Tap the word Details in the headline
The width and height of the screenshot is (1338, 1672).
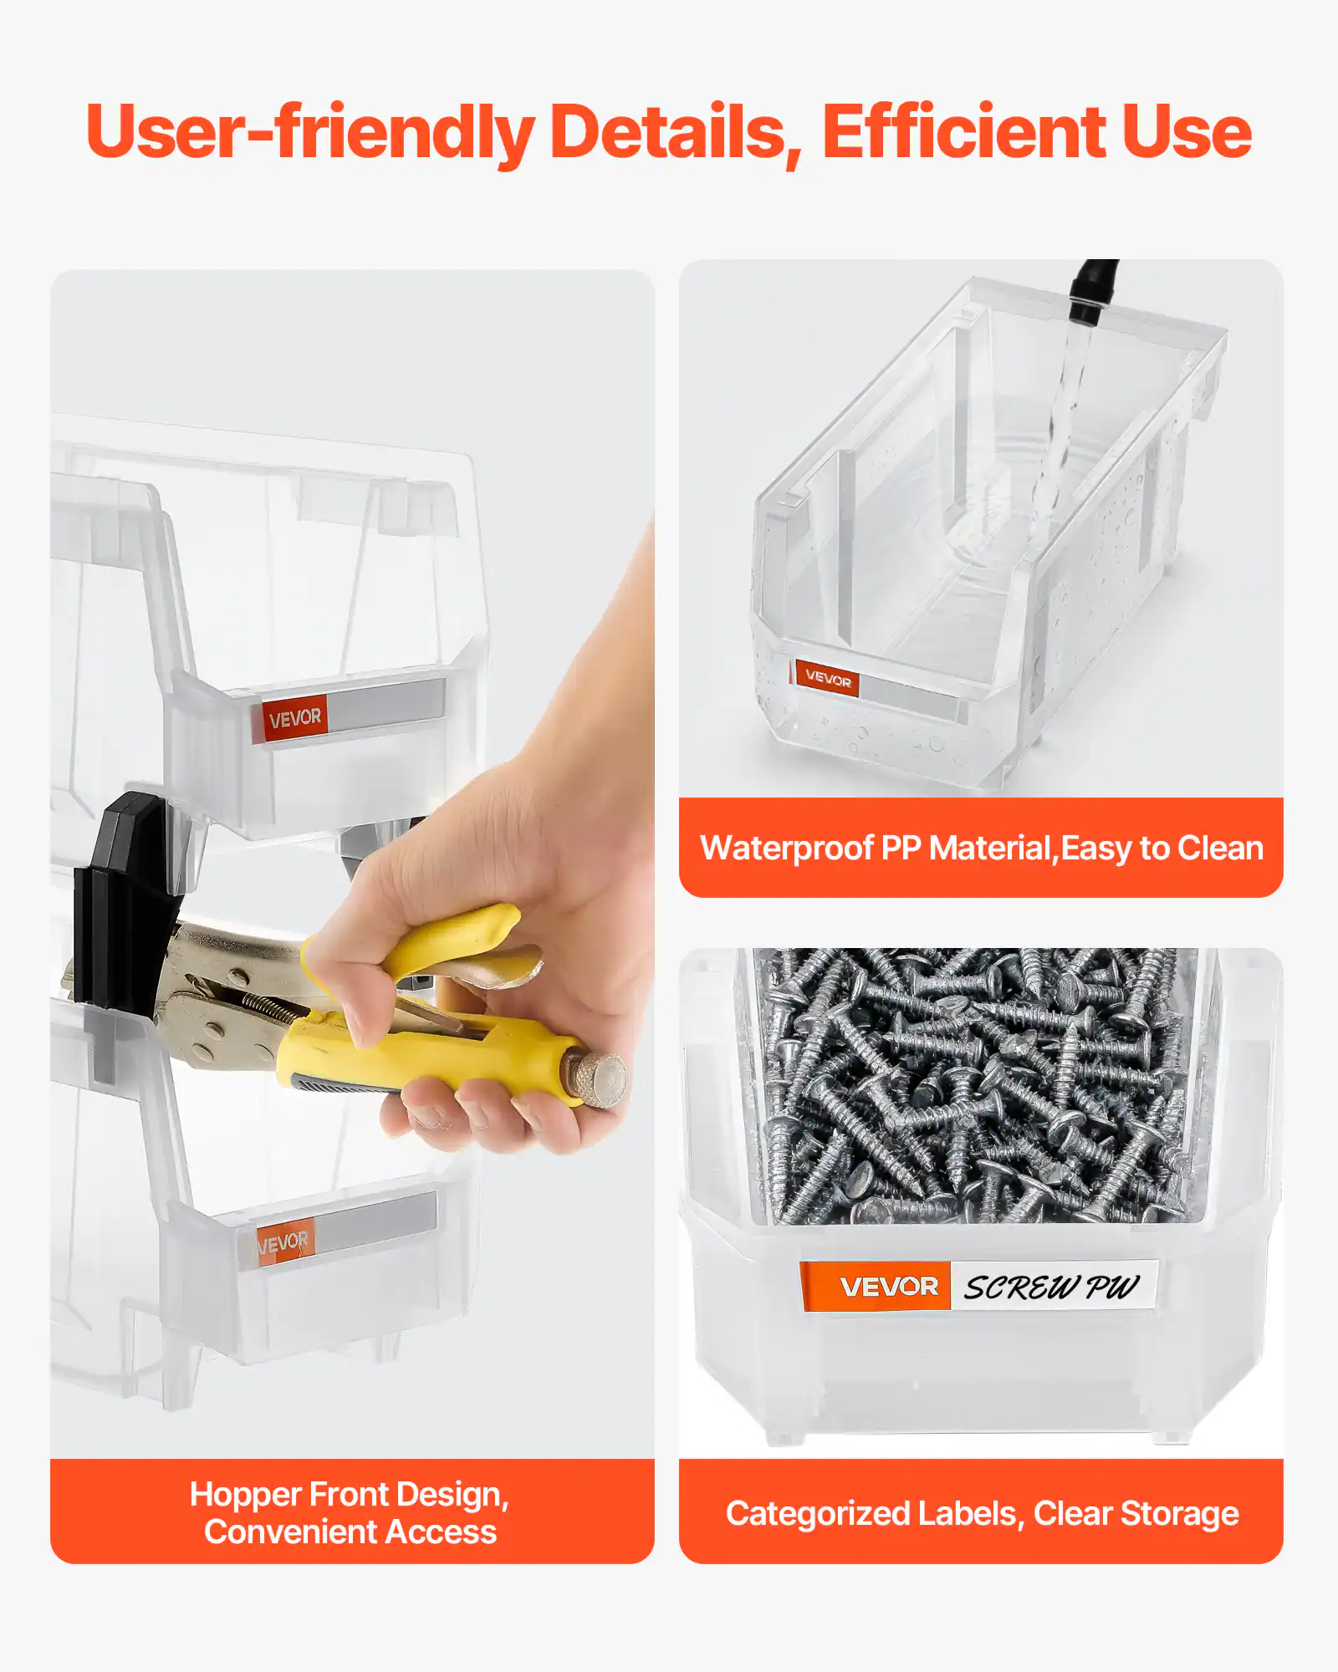coord(674,132)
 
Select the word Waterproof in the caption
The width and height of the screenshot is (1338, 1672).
coord(786,849)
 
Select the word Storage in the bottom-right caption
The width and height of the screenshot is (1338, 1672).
coord(1179,1514)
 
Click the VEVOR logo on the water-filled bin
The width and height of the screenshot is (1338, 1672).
coord(827,679)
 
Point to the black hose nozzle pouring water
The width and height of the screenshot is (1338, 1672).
coord(1091,293)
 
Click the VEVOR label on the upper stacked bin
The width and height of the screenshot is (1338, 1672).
coord(294,718)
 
